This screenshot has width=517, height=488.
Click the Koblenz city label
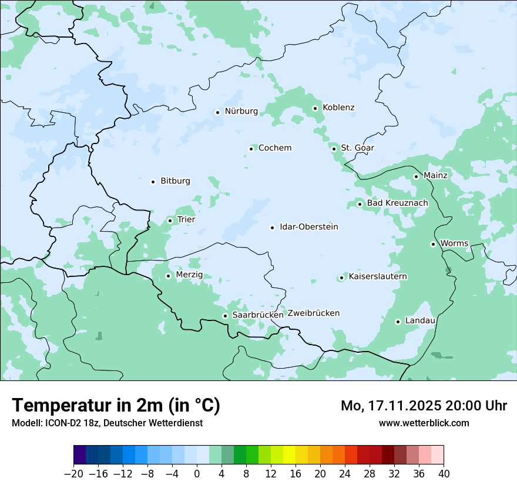tap(338, 108)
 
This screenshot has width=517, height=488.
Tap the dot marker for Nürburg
tap(217, 112)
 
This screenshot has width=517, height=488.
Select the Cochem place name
tap(274, 148)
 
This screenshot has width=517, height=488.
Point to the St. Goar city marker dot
tap(334, 149)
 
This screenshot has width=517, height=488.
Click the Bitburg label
tap(175, 181)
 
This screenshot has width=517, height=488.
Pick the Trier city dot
tap(170, 220)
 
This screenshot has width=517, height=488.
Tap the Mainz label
tap(435, 175)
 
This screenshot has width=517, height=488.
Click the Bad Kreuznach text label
tap(397, 203)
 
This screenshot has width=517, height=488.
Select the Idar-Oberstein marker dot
tap(272, 228)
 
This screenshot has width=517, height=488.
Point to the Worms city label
tap(454, 243)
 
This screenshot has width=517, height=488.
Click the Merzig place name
tap(189, 275)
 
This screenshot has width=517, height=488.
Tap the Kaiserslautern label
tap(378, 276)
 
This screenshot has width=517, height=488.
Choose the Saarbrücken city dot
tap(225, 316)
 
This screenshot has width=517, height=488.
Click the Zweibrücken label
tap(313, 313)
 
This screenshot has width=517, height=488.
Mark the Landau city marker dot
tap(398, 322)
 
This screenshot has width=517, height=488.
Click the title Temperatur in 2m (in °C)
tap(116, 406)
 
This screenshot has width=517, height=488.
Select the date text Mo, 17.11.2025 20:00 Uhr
tap(424, 406)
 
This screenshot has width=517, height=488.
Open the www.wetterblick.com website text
tap(424, 423)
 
